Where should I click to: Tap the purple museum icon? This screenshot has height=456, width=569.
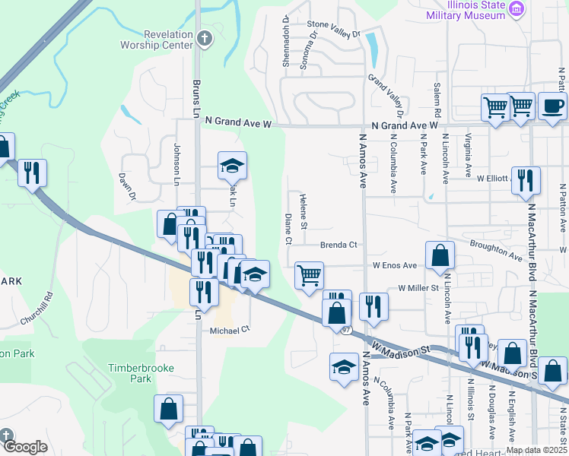pyautogui.click(x=517, y=9)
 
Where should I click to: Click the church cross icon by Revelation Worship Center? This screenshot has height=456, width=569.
pyautogui.click(x=203, y=37)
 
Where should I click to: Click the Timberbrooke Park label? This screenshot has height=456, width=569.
pyautogui.click(x=141, y=373)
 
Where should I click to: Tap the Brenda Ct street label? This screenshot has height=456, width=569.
pyautogui.click(x=339, y=245)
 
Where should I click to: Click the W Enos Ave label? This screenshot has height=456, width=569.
pyautogui.click(x=395, y=265)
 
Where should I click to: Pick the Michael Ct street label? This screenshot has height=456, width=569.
pyautogui.click(x=230, y=330)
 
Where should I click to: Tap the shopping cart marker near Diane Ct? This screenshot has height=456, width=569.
pyautogui.click(x=309, y=275)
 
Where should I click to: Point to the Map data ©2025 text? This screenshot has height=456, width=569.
pyautogui.click(x=536, y=450)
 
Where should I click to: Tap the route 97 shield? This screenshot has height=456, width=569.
pyautogui.click(x=347, y=329)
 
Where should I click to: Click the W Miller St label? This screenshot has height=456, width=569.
pyautogui.click(x=418, y=289)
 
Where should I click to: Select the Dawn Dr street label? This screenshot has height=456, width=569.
pyautogui.click(x=126, y=185)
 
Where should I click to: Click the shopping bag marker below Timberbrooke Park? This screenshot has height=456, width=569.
pyautogui.click(x=168, y=408)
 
